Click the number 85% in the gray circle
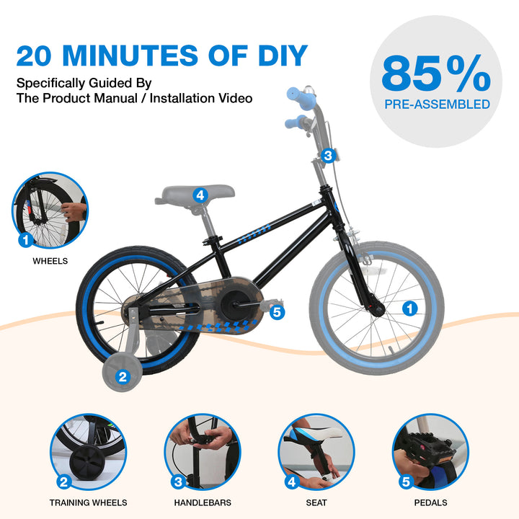coord(436,74)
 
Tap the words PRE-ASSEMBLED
coord(437,105)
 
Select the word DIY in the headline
coord(283,56)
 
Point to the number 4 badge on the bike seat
coord(200,195)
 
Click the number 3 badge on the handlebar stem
coord(328,155)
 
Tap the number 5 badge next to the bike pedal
coord(277,312)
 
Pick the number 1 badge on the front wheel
coord(409,309)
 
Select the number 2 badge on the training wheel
coord(123,377)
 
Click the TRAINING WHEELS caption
coord(89,503)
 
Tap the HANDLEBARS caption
coord(203,503)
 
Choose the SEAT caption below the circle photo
coord(316,503)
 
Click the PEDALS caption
coord(430,503)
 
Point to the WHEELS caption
coord(50,261)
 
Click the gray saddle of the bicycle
coord(195,195)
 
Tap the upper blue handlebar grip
coord(301,97)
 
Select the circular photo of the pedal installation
coord(430,452)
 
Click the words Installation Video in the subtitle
coord(201,98)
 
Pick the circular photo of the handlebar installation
coord(203,452)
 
